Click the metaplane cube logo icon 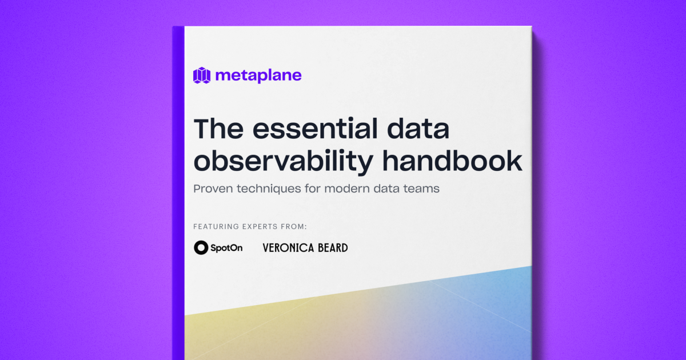(x=202, y=75)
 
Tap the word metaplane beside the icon (x=258, y=75)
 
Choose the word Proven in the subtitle (x=213, y=189)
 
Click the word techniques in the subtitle (x=268, y=189)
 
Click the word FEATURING (x=215, y=227)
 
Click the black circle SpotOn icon (x=201, y=247)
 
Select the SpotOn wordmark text (x=226, y=248)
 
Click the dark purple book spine (x=178, y=189)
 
